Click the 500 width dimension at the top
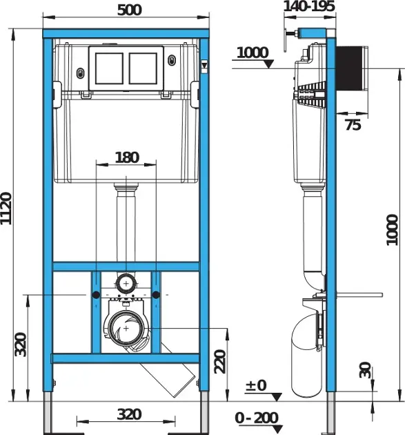pos(126,10)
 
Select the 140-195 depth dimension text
pos(309,7)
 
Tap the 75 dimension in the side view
pos(353,124)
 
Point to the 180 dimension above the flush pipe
pos(126,157)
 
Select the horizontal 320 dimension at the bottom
pos(128,414)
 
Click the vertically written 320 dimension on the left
pos(21,345)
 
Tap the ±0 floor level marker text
pos(255,385)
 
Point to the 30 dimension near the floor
pos(366,370)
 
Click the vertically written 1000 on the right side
pos(392,229)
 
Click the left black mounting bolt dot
pos(89,295)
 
